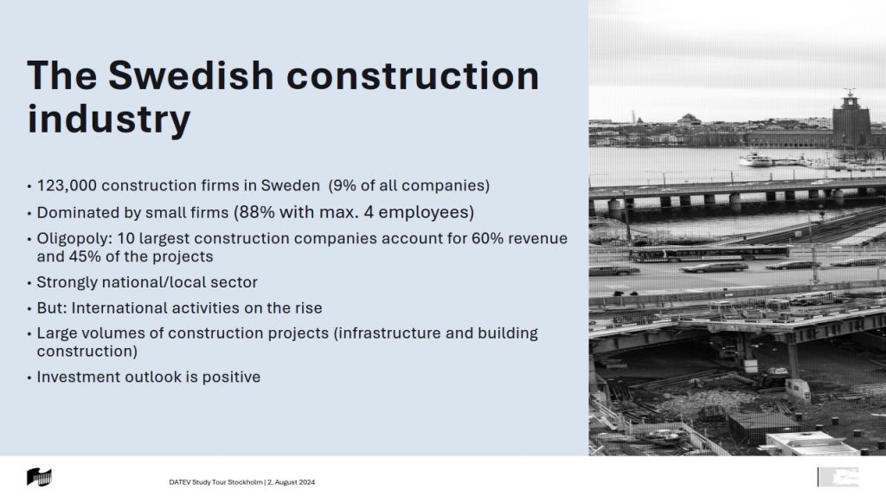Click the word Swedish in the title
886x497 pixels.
(x=191, y=76)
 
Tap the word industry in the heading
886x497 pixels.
(x=109, y=119)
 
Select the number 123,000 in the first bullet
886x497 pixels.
(x=67, y=186)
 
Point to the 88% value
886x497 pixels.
(x=256, y=212)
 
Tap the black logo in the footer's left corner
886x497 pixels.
(x=39, y=477)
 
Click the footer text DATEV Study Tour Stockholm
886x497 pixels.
(x=215, y=482)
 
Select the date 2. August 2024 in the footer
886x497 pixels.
(x=291, y=482)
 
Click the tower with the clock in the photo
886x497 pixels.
(x=850, y=119)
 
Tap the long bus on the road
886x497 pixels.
(x=709, y=253)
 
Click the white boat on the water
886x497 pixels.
(x=755, y=160)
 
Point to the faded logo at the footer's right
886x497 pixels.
(x=838, y=476)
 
